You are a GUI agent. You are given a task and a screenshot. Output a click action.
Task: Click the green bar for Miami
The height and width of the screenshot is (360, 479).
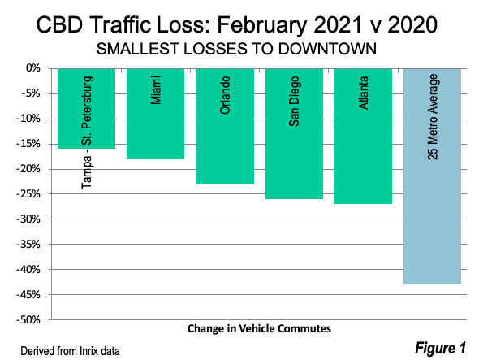156,114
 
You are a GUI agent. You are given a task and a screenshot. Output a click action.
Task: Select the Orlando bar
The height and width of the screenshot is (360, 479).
225,126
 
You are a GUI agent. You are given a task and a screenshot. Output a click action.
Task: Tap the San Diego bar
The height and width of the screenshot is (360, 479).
294,133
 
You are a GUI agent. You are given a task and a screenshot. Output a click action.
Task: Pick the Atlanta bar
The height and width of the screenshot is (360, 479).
363,136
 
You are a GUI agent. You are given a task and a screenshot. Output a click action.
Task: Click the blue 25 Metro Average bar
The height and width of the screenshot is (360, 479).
432,176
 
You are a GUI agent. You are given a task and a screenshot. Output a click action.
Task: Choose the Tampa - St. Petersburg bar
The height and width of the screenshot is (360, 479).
86,109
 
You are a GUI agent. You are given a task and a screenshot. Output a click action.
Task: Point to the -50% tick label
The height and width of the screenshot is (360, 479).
28,320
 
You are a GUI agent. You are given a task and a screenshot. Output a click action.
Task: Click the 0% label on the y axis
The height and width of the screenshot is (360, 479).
33,68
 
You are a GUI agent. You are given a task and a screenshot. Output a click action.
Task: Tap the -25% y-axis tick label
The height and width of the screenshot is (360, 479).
28,194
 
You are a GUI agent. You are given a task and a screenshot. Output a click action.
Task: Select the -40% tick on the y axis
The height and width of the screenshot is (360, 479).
28,270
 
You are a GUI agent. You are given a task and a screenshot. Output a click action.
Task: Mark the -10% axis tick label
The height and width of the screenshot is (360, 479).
28,119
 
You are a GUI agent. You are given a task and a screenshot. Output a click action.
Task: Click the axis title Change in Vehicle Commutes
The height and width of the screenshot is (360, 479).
259,328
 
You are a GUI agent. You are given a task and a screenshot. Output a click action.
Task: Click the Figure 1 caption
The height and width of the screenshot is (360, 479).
440,348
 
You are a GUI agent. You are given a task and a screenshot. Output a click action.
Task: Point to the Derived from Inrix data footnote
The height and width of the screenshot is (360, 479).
70,351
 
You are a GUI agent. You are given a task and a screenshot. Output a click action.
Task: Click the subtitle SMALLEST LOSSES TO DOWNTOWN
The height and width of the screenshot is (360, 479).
236,49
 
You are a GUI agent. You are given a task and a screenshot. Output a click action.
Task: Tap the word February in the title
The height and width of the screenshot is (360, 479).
261,25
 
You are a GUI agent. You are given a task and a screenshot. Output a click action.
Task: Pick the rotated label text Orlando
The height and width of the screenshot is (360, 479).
225,95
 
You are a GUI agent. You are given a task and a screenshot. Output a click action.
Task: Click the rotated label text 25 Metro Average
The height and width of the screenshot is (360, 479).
433,117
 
